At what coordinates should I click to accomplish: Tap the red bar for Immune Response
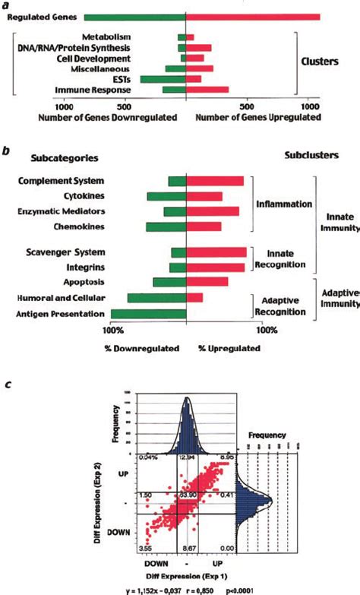tap(207, 90)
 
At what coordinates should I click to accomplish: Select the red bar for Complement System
tap(215, 181)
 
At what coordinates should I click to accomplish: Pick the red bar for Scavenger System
tap(216, 252)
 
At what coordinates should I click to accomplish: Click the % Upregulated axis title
tap(229, 348)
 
